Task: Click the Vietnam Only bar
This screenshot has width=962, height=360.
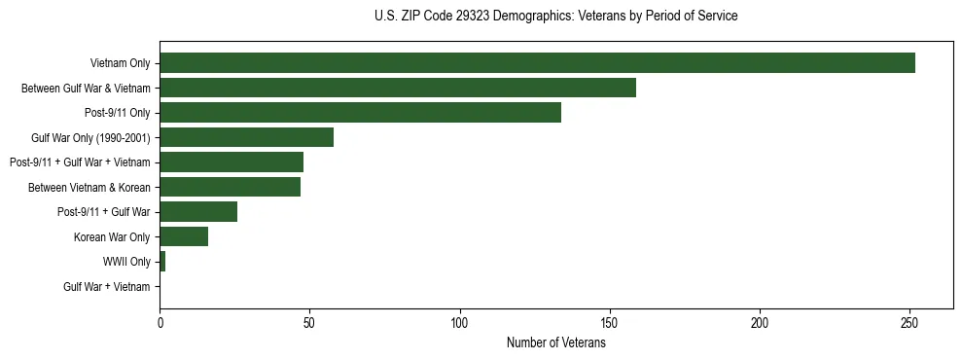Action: coord(537,63)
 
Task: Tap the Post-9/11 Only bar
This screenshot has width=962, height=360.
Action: coord(360,113)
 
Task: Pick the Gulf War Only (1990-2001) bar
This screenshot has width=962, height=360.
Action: coord(246,137)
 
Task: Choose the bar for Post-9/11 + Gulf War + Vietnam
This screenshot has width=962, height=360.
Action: coord(232,162)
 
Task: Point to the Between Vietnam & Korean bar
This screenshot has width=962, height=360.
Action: coord(230,187)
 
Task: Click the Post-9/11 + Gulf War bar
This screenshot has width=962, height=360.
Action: coord(198,212)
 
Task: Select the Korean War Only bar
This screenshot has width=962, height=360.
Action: coord(184,236)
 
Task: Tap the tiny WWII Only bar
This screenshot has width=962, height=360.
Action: coord(162,262)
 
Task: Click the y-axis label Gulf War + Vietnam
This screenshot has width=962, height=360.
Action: coord(107,287)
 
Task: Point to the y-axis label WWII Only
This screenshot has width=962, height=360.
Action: coord(126,262)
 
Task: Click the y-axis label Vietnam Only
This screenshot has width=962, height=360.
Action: coord(120,63)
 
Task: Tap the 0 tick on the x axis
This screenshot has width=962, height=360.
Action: coord(160,323)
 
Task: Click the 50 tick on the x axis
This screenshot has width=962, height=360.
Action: coord(309,323)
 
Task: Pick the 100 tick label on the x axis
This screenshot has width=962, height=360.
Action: coord(459,323)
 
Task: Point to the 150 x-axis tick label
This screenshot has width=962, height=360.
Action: coord(610,323)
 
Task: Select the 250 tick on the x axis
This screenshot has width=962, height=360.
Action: coord(909,323)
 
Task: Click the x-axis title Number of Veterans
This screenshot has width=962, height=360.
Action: coord(555,342)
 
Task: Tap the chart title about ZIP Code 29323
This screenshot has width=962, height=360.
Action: coord(555,17)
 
